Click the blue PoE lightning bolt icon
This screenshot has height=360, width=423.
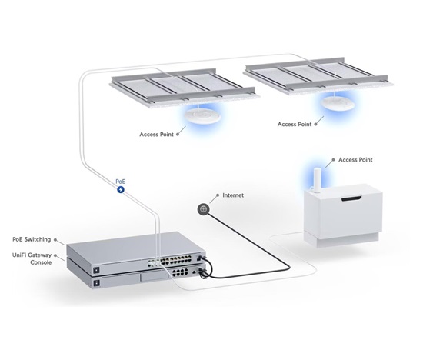pyautogui.click(x=121, y=190)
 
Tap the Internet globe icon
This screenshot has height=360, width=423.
pyautogui.click(x=203, y=209)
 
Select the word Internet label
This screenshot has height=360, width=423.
pyautogui.click(x=233, y=195)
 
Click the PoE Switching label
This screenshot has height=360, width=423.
pyautogui.click(x=32, y=239)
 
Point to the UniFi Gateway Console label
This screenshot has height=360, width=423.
pyautogui.click(x=32, y=258)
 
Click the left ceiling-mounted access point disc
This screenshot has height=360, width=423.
pyautogui.click(x=202, y=116)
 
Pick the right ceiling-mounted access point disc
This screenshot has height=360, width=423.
pyautogui.click(x=338, y=103)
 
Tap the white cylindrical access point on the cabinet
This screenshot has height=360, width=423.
pyautogui.click(x=317, y=180)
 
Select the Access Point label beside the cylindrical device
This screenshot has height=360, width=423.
pyautogui.click(x=355, y=160)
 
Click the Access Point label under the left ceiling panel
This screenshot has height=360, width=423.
pyautogui.click(x=156, y=135)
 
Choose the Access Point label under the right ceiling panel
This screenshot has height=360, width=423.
pyautogui.click(x=295, y=125)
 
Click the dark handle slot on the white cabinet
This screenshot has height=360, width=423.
pyautogui.click(x=351, y=199)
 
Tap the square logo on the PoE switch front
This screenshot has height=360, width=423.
pyautogui.click(x=96, y=270)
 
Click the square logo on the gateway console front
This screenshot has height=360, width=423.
pyautogui.click(x=96, y=283)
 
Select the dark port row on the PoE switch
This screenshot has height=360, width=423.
pyautogui.click(x=176, y=261)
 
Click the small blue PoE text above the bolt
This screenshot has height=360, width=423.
pyautogui.click(x=120, y=182)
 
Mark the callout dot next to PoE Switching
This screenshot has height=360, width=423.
pyautogui.click(x=55, y=239)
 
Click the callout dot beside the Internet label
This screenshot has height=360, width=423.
pyautogui.click(x=218, y=195)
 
